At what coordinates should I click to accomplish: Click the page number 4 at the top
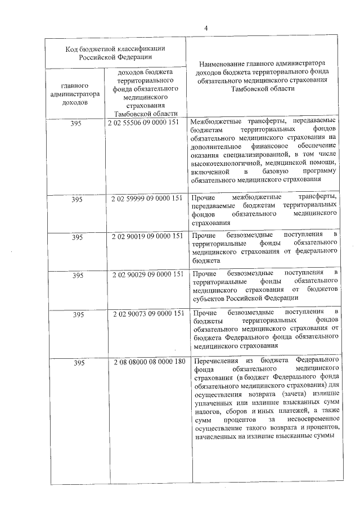click(206, 28)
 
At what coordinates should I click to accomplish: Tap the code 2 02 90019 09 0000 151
click(146, 236)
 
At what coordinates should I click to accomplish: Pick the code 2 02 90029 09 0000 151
click(146, 274)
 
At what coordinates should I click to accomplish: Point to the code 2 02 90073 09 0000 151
click(146, 313)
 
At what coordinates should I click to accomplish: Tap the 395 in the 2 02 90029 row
click(77, 275)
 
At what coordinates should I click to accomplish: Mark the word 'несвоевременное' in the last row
click(309, 420)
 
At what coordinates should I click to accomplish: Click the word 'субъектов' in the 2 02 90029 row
click(206, 298)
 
